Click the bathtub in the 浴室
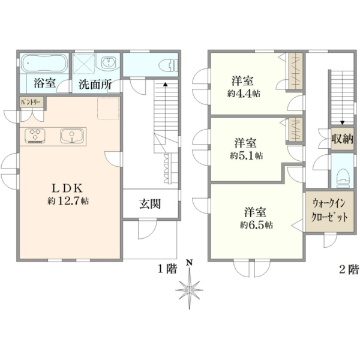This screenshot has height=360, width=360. tap(44, 63)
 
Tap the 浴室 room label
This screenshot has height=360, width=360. tap(45, 83)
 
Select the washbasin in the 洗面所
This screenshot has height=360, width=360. tap(107, 62)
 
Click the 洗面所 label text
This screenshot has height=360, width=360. tap(95, 85)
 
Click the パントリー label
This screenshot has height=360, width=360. tap(31, 102)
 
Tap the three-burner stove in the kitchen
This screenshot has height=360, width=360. tap(35, 136)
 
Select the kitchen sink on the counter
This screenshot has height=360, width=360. tap(72, 136)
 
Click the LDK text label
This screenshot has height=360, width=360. tap(67, 189)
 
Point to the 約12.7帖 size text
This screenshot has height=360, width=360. tap(68, 201)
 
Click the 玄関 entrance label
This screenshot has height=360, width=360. tap(150, 204)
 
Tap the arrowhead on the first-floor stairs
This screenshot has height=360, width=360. tap(165, 84)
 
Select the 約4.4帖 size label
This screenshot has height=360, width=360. tap(244, 94)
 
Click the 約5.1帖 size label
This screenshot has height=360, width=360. tap(247, 156)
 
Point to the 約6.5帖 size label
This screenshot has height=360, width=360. tap(256, 225)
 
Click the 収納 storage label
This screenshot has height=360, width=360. tap(343, 139)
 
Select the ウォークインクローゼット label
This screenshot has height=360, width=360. tap(329, 211)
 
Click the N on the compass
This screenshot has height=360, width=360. tap(189, 263)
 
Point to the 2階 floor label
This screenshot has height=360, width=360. tap(349, 269)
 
